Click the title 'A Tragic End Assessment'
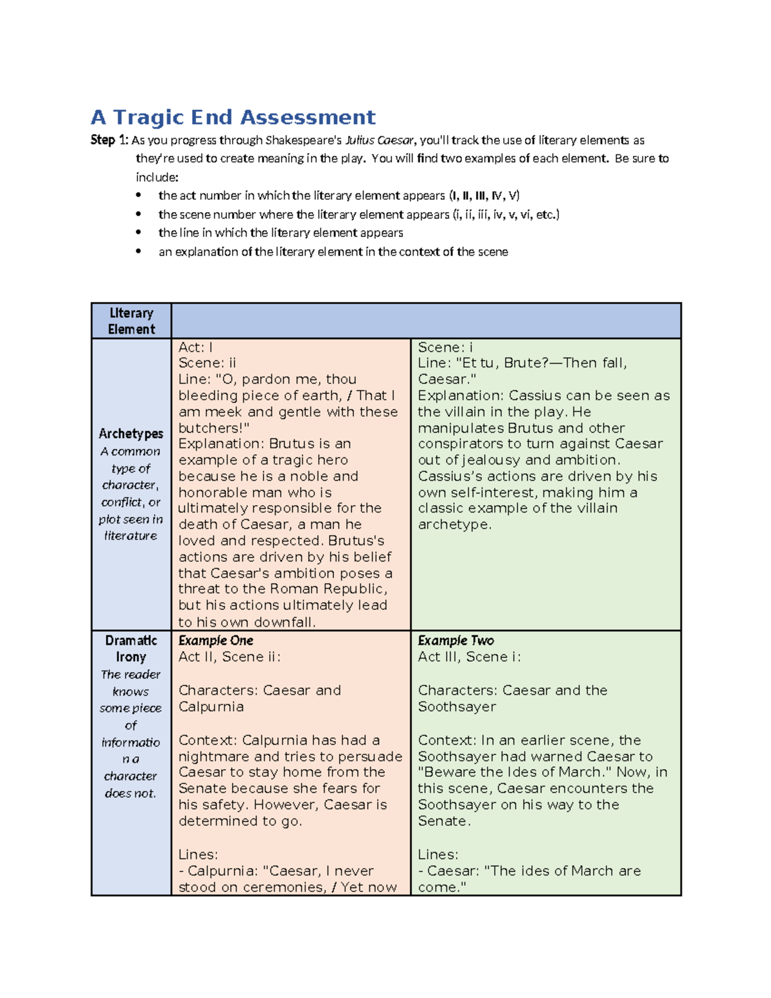click(x=233, y=118)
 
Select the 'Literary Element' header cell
click(x=131, y=321)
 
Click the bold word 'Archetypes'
click(x=131, y=434)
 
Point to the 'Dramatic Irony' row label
click(x=131, y=648)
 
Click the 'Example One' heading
click(x=216, y=641)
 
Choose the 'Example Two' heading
click(x=456, y=641)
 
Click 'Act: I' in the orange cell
click(x=195, y=347)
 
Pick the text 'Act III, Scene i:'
click(x=469, y=657)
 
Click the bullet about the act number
click(x=339, y=195)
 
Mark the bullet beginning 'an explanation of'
click(x=333, y=252)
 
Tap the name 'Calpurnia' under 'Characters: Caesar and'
click(x=211, y=707)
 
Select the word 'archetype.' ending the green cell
click(x=454, y=524)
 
